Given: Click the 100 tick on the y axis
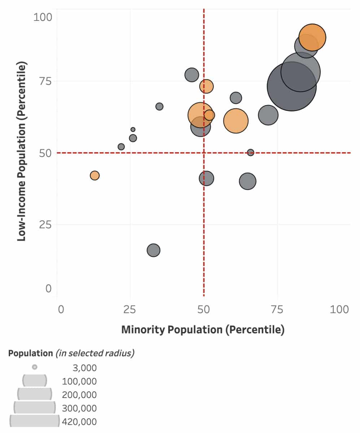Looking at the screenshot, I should (43, 17).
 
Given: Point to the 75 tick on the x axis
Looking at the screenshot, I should (277, 310).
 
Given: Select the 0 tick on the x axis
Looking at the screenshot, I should (60, 310).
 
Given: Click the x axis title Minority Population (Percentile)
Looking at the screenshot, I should (203, 329).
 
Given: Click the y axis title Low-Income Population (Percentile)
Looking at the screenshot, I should (22, 152).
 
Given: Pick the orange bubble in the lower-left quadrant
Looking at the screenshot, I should (95, 175).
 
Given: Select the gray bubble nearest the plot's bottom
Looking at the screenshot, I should (153, 250).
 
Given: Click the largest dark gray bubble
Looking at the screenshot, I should (291, 86).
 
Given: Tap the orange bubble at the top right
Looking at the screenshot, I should (312, 37).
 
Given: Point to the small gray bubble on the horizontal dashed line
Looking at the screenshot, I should (250, 152).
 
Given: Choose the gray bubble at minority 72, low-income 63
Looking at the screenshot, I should (268, 115).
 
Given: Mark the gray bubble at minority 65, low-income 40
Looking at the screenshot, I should (247, 181).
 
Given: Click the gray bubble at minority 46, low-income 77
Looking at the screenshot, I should (192, 75).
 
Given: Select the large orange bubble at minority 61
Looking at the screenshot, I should (236, 121).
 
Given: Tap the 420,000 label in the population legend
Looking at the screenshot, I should (79, 421).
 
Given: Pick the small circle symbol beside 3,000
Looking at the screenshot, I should (35, 367).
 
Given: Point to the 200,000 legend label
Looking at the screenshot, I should (79, 395).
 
